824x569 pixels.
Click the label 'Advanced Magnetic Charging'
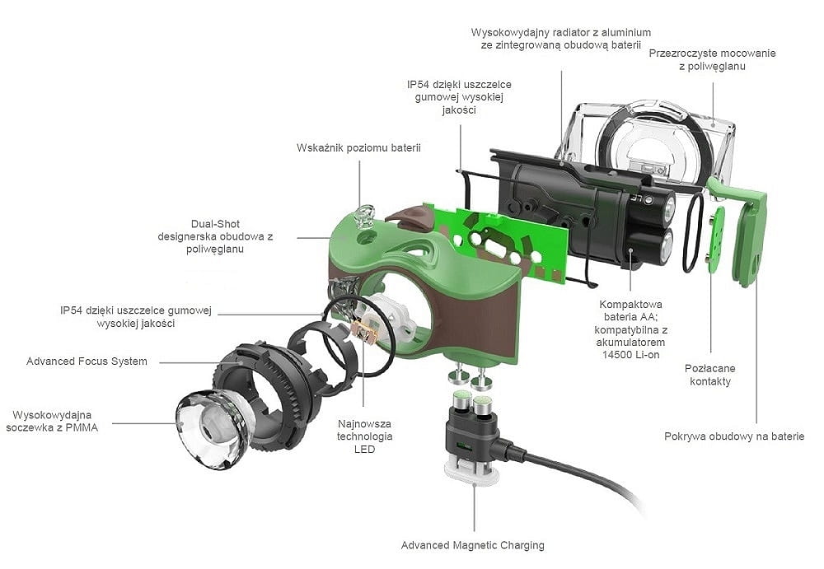click(x=472, y=545)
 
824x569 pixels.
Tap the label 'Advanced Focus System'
click(x=87, y=361)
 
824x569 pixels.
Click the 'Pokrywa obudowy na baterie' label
click(x=733, y=436)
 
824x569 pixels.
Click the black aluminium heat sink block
click(x=569, y=206)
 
